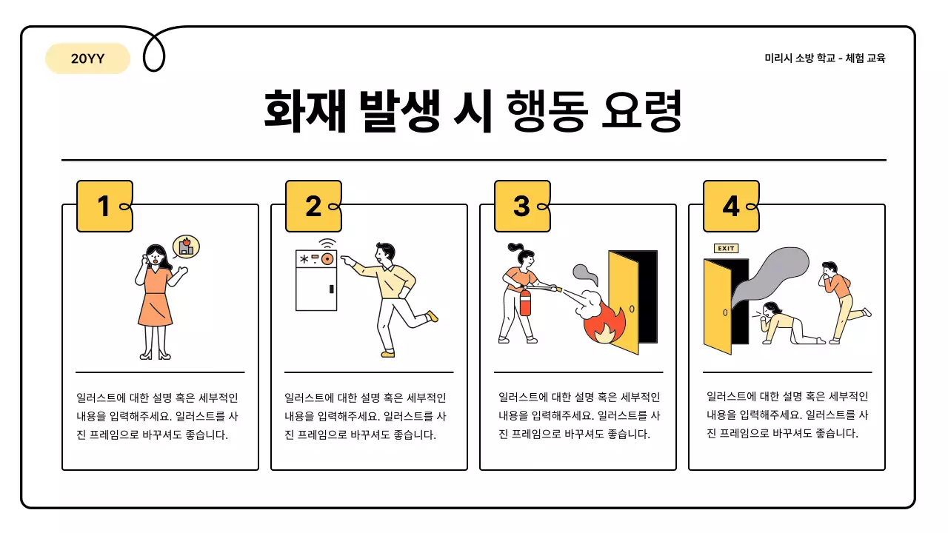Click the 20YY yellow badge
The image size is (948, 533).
pyautogui.click(x=87, y=59)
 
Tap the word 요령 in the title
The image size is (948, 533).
pyautogui.click(x=642, y=111)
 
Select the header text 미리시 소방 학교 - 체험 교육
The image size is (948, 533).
pyautogui.click(x=824, y=58)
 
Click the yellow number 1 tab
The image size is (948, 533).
pyautogui.click(x=104, y=207)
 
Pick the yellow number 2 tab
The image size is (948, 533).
pyautogui.click(x=313, y=207)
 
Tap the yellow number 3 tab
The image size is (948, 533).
pyautogui.click(x=522, y=207)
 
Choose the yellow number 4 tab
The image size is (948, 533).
pyautogui.click(x=731, y=207)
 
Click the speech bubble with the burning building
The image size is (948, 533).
pyautogui.click(x=187, y=246)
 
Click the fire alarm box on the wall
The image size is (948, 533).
pyautogui.click(x=316, y=280)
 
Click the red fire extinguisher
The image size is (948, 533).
pyautogui.click(x=525, y=301)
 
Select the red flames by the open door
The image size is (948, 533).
pyautogui.click(x=604, y=324)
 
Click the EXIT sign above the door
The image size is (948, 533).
pyautogui.click(x=726, y=248)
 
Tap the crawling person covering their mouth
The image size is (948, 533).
pyautogui.click(x=781, y=324)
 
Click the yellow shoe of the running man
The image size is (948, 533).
pyautogui.click(x=433, y=316)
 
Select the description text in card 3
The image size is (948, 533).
pyautogui.click(x=578, y=416)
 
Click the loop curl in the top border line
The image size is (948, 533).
pyautogui.click(x=153, y=52)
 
